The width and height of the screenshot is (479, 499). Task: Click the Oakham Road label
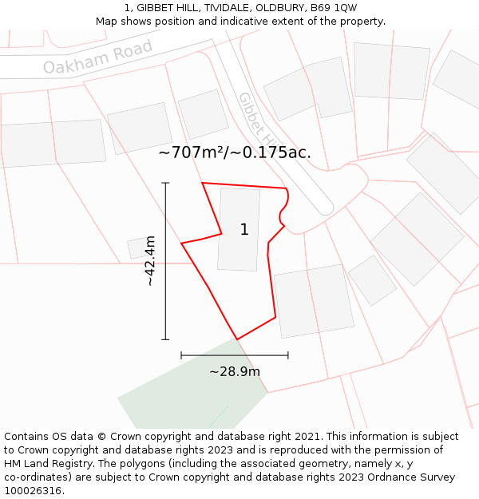97,57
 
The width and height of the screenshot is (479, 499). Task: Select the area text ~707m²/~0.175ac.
235,152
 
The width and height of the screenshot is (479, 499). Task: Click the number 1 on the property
244,230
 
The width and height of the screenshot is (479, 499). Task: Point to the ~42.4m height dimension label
149,261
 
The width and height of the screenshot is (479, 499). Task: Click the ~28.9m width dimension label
235,371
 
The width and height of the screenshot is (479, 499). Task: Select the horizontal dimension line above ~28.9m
235,355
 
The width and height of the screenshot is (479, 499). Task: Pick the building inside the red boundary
239,240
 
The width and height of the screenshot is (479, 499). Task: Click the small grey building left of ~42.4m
138,248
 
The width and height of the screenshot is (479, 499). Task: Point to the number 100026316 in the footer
33,491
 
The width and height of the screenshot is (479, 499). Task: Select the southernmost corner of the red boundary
237,339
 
